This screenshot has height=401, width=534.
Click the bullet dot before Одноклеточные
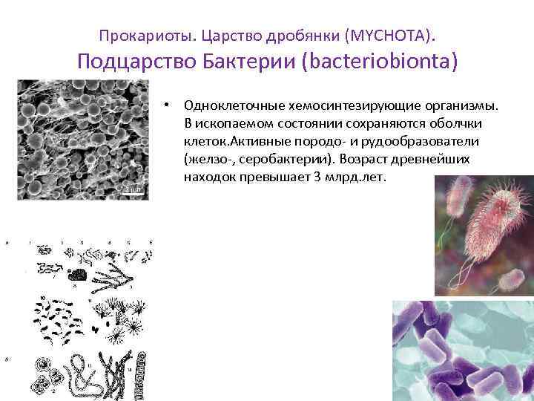169,105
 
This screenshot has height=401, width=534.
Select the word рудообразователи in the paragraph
432,141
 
